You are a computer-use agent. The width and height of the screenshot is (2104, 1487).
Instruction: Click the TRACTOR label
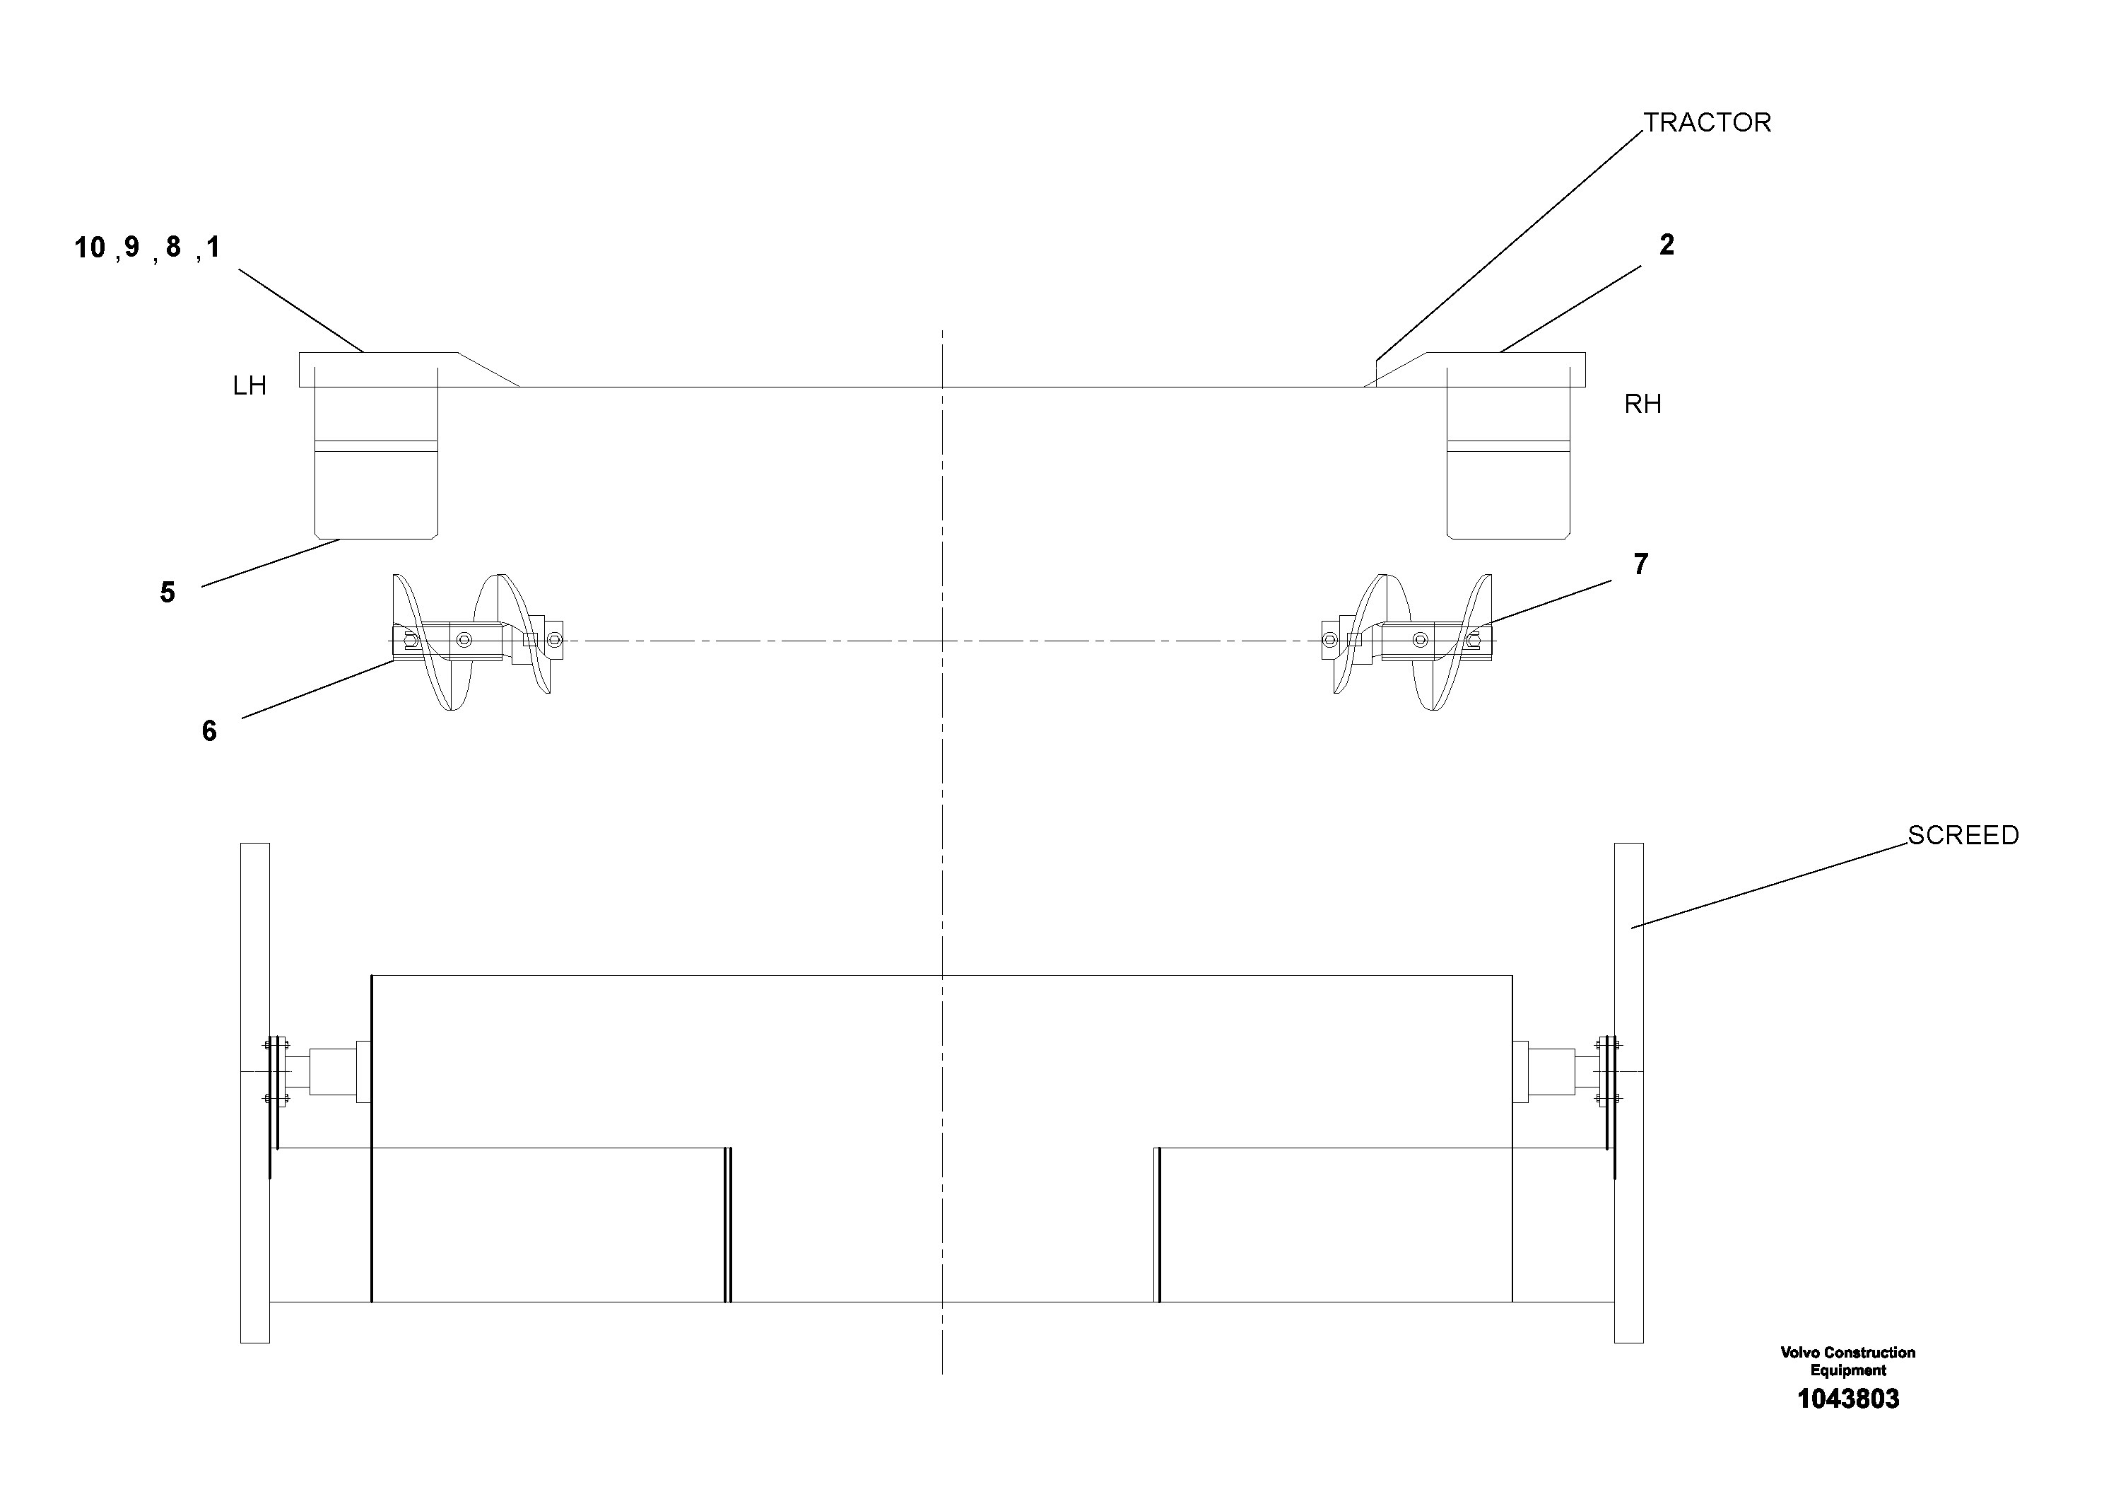click(x=1706, y=123)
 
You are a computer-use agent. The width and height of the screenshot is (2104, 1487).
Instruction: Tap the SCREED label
click(x=1963, y=835)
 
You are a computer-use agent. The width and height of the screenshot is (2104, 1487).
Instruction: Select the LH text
click(x=249, y=386)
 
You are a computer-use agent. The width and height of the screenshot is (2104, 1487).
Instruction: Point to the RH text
click(x=1642, y=404)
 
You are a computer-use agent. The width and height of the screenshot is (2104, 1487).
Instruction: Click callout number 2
click(x=1666, y=245)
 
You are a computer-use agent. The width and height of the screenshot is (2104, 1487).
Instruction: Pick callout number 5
click(x=167, y=593)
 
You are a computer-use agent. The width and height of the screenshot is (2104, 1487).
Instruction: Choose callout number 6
click(x=209, y=732)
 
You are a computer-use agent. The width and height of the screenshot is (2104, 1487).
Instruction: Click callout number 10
click(x=90, y=247)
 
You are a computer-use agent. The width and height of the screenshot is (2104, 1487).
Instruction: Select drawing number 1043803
click(x=1847, y=1399)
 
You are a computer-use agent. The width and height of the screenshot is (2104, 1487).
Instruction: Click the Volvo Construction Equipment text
click(x=1847, y=1361)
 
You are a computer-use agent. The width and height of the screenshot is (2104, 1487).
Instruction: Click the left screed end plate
click(x=254, y=1092)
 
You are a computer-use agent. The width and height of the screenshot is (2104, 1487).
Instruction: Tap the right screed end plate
click(x=1628, y=1092)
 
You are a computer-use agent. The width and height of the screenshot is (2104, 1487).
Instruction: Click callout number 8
click(x=173, y=247)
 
